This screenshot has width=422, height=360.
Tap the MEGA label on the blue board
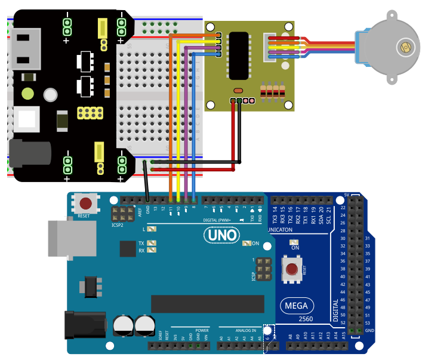point(296,306)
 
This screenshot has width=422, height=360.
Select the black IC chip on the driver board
point(239,56)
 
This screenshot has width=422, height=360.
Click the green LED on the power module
point(27,94)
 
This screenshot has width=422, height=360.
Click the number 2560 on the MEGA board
point(306,319)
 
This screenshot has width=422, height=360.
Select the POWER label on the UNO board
point(202,330)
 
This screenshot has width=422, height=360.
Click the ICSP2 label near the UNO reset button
point(117,226)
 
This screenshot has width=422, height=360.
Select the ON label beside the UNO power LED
point(255,244)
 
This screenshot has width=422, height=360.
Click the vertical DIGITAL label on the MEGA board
point(335,310)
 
